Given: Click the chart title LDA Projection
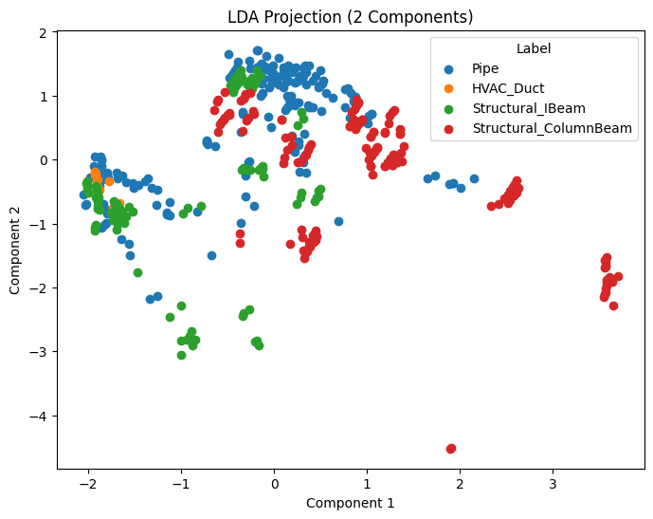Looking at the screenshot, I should (351, 17).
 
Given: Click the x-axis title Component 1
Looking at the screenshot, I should (351, 503).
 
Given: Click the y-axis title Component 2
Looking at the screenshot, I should (15, 250).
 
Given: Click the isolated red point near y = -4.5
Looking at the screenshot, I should (451, 448).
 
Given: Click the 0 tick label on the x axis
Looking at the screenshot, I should (274, 484).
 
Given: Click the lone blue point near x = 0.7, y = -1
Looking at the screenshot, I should (338, 221).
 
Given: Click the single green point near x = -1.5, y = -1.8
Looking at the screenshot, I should (137, 272).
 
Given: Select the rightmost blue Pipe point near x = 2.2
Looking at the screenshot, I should (474, 178).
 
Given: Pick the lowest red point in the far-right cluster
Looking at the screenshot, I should (613, 306).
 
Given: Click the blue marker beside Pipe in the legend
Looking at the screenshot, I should (451, 68).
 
